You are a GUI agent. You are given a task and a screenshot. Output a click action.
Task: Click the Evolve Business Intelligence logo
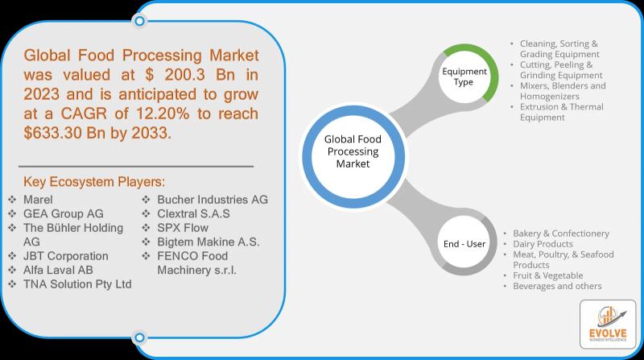tap(608, 325)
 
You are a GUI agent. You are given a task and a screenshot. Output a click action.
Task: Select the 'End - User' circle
tap(464, 244)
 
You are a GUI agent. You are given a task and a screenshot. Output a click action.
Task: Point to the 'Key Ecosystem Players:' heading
tap(94, 182)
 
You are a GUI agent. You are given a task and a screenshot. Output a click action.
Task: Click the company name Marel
tap(38, 200)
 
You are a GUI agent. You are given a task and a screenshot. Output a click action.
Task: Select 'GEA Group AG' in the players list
tap(64, 213)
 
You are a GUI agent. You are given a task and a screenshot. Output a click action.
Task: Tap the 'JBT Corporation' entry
tap(66, 256)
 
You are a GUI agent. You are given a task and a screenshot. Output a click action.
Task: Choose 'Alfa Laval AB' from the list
tap(58, 270)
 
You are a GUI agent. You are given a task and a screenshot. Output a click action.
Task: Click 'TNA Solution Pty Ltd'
tap(77, 284)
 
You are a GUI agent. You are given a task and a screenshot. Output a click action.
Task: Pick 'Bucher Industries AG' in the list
tap(213, 200)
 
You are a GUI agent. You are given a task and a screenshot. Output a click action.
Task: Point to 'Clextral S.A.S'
tap(193, 213)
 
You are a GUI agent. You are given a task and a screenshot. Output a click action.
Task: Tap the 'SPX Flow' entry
tap(183, 228)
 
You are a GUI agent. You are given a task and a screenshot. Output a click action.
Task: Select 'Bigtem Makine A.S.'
tap(208, 242)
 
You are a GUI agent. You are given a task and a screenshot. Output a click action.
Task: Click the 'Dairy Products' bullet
tap(543, 244)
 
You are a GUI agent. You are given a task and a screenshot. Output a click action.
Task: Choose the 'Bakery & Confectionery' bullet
tap(561, 234)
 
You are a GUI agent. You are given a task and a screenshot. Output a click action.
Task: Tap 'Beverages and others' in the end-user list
tap(557, 286)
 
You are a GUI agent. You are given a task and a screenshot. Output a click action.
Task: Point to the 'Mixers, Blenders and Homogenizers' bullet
tap(563, 91)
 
